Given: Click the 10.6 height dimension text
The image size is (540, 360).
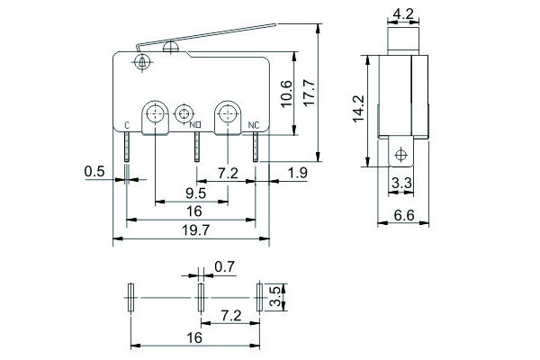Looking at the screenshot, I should tap(286, 94).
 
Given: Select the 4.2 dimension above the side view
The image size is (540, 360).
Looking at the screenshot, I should tap(403, 13).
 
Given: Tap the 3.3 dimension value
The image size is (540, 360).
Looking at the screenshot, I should tap(401, 184).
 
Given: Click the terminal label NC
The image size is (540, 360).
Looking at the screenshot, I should tap(253, 124).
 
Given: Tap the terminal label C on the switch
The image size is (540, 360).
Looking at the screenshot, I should tap(126, 124).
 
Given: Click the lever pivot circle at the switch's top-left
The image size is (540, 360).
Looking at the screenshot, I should tap(139, 62).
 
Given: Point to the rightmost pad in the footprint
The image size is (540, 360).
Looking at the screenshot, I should tap(259, 296).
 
